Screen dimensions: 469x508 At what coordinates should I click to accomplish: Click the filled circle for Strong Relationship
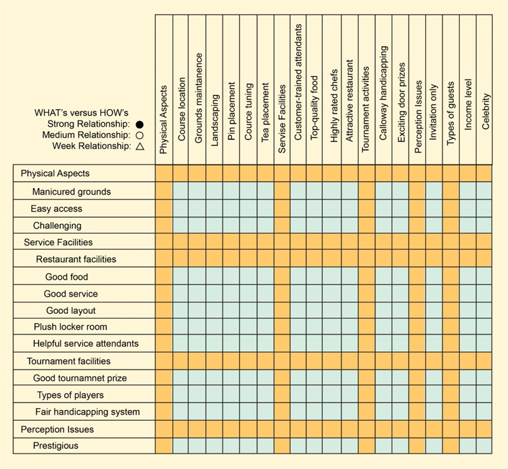(139, 124)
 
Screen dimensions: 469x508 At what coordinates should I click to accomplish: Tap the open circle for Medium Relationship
(139, 135)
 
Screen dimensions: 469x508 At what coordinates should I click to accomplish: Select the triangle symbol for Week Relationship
(139, 146)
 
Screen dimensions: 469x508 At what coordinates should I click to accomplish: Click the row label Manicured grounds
(72, 191)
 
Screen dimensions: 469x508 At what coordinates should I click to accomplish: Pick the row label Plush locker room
(70, 327)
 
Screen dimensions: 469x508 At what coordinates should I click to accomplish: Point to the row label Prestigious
(56, 446)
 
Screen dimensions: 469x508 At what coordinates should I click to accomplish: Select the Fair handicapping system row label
(87, 412)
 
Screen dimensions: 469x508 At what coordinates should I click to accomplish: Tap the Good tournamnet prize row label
(80, 378)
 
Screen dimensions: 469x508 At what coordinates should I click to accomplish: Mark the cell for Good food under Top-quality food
(315, 277)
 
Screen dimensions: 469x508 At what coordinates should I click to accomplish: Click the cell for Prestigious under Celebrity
(485, 446)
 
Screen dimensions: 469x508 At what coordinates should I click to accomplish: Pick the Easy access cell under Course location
(182, 209)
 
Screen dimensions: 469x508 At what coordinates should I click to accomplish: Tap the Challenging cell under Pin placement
(231, 226)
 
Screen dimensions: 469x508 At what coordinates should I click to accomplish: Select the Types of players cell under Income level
(467, 395)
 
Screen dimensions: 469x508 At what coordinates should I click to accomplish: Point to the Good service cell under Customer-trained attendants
(298, 294)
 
